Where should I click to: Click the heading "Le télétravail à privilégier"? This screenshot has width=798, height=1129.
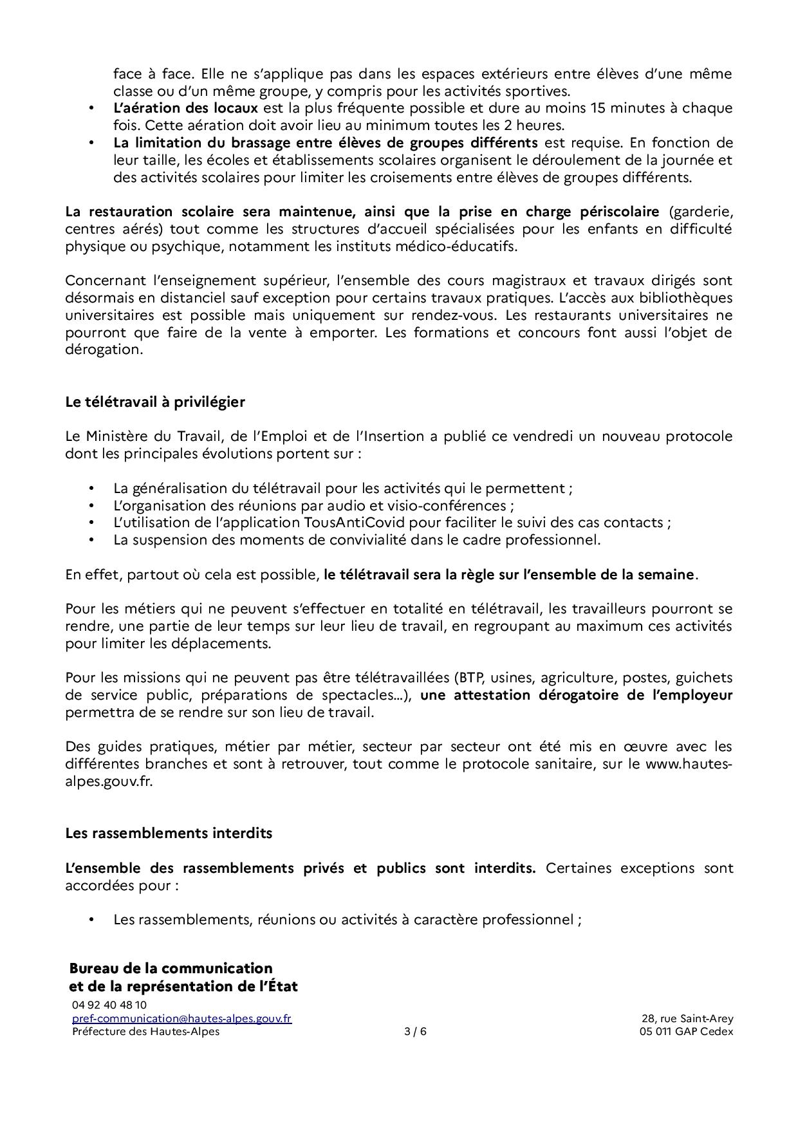point(155,402)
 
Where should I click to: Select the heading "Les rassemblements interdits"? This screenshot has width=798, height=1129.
point(169,833)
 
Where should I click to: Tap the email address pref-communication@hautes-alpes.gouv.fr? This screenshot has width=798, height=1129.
point(181,1018)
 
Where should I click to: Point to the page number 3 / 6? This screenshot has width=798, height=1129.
point(415,1031)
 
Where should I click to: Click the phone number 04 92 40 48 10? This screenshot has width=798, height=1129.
point(109,1005)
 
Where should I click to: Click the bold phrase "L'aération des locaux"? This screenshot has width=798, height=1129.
point(185,107)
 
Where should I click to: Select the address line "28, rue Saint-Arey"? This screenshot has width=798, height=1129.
point(687,1018)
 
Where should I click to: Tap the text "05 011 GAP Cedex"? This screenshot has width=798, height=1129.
point(682,1031)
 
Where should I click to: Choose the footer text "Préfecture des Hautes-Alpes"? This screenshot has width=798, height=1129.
point(145,1031)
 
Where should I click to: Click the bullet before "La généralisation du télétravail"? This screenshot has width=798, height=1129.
point(92,488)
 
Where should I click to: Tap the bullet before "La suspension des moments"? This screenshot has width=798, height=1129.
point(92,539)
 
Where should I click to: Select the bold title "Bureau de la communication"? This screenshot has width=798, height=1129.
point(171,968)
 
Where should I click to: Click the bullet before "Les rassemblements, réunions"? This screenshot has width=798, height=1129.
point(92,919)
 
